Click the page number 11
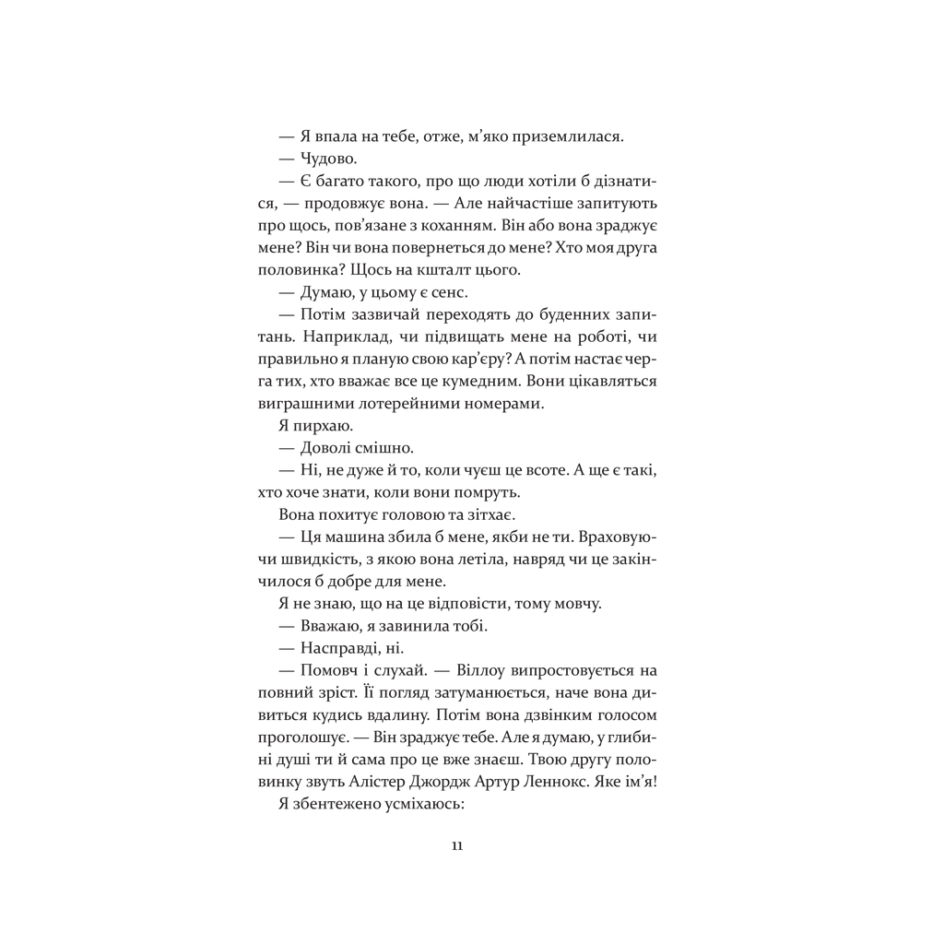pos(457,848)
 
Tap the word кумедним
pos(531,382)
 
